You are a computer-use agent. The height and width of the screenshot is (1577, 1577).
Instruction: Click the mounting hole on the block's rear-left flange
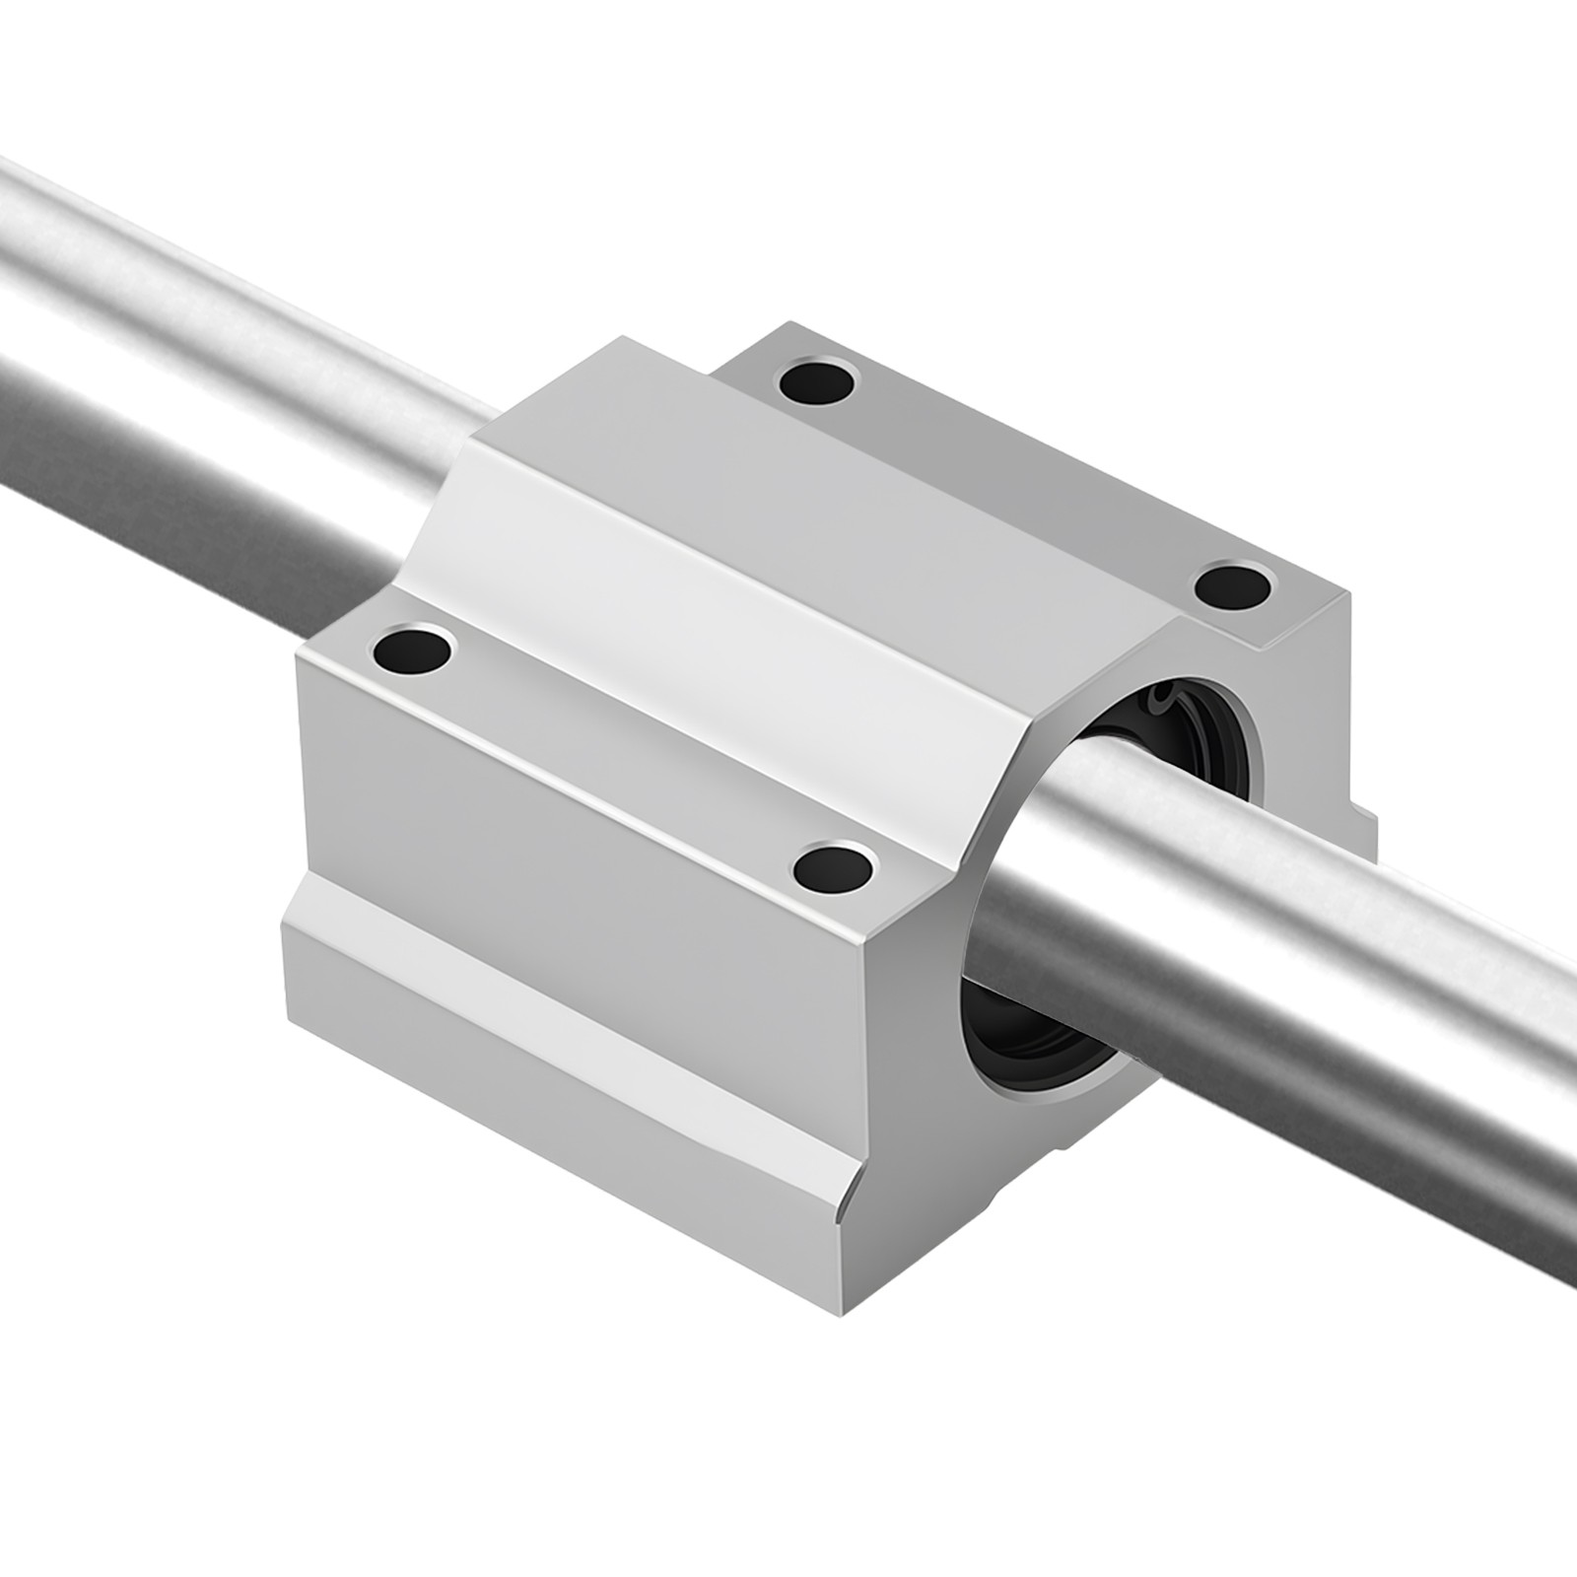817,381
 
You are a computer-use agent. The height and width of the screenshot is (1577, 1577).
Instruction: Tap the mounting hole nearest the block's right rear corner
1232,585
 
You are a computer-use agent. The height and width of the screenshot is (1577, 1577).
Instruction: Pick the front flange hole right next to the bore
834,866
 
